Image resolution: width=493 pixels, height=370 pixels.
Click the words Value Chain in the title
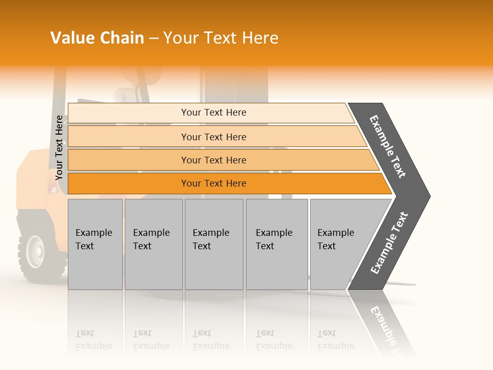97,38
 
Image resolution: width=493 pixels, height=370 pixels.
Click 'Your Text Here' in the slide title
221,38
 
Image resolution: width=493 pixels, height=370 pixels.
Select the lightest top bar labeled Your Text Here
213,113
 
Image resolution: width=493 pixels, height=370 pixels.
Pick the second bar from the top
213,137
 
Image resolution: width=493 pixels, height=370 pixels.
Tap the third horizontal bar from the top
213,160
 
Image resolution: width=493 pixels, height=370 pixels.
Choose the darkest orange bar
213,183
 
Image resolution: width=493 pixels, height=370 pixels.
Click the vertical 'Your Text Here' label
59,147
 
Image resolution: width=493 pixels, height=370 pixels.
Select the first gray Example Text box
95,244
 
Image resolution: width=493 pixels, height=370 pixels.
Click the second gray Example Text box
153,244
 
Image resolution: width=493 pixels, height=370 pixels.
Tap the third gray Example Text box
214,244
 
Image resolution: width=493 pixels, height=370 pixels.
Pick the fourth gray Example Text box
276,244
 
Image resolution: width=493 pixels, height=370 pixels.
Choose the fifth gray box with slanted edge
339,244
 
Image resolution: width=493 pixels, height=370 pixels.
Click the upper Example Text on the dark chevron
388,146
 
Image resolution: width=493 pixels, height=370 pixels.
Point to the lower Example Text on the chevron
389,243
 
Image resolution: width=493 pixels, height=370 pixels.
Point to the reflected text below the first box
93,340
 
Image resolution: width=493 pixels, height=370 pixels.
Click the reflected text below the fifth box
335,340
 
